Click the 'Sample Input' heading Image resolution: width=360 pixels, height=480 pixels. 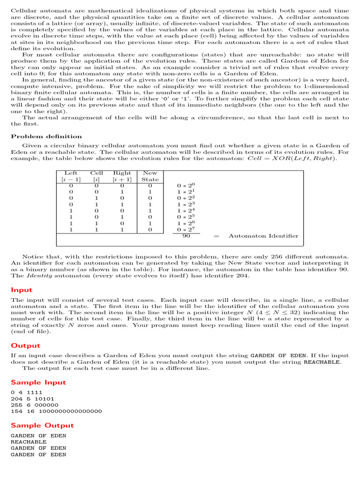[38, 382]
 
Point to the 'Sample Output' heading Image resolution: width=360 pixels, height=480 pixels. [42, 425]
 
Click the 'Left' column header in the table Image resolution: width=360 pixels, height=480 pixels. [71, 173]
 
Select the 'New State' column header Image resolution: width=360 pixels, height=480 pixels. [150, 176]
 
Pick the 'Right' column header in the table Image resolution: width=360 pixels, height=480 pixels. [122, 173]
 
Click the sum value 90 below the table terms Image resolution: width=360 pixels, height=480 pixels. [186, 236]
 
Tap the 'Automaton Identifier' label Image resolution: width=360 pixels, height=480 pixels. [263, 236]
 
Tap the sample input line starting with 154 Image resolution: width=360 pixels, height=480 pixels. [56, 411]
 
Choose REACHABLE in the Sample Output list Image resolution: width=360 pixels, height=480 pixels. [29, 442]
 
